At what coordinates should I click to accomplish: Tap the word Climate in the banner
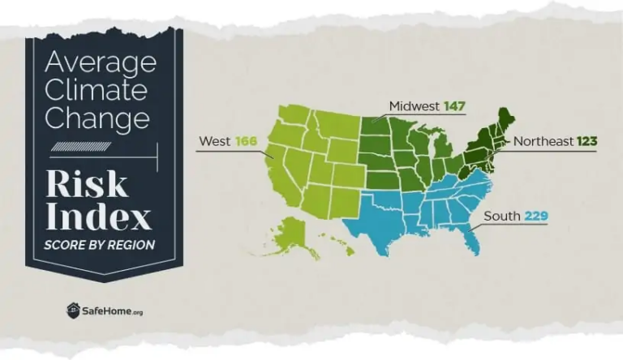point(95,90)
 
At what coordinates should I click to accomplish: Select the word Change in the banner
point(97,118)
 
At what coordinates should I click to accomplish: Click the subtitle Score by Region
point(99,244)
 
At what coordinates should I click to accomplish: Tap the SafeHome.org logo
point(104,311)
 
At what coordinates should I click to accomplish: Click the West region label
point(214,141)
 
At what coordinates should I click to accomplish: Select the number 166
point(246,141)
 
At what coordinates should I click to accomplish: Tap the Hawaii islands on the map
point(339,243)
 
